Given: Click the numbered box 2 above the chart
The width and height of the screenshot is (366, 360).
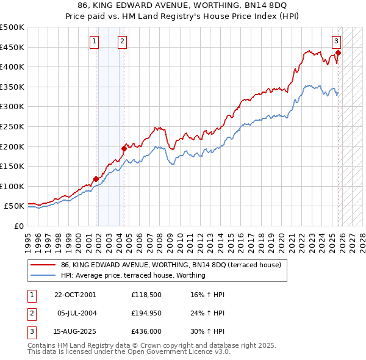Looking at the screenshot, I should (123, 41).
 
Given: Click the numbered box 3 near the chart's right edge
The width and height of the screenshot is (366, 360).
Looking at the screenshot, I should (336, 41).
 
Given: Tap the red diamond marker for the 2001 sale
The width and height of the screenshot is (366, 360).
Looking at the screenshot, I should (96, 179).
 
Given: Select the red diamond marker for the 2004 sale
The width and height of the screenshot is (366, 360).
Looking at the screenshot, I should (124, 148).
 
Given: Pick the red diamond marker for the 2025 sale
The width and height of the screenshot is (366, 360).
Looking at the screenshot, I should (338, 52).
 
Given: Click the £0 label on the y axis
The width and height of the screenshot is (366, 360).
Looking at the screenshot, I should (18, 226).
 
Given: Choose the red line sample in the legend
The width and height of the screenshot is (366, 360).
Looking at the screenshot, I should (43, 265).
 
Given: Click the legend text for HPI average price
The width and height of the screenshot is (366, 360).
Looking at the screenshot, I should (133, 275).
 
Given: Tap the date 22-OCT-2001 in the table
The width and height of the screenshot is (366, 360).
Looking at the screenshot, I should (75, 295).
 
